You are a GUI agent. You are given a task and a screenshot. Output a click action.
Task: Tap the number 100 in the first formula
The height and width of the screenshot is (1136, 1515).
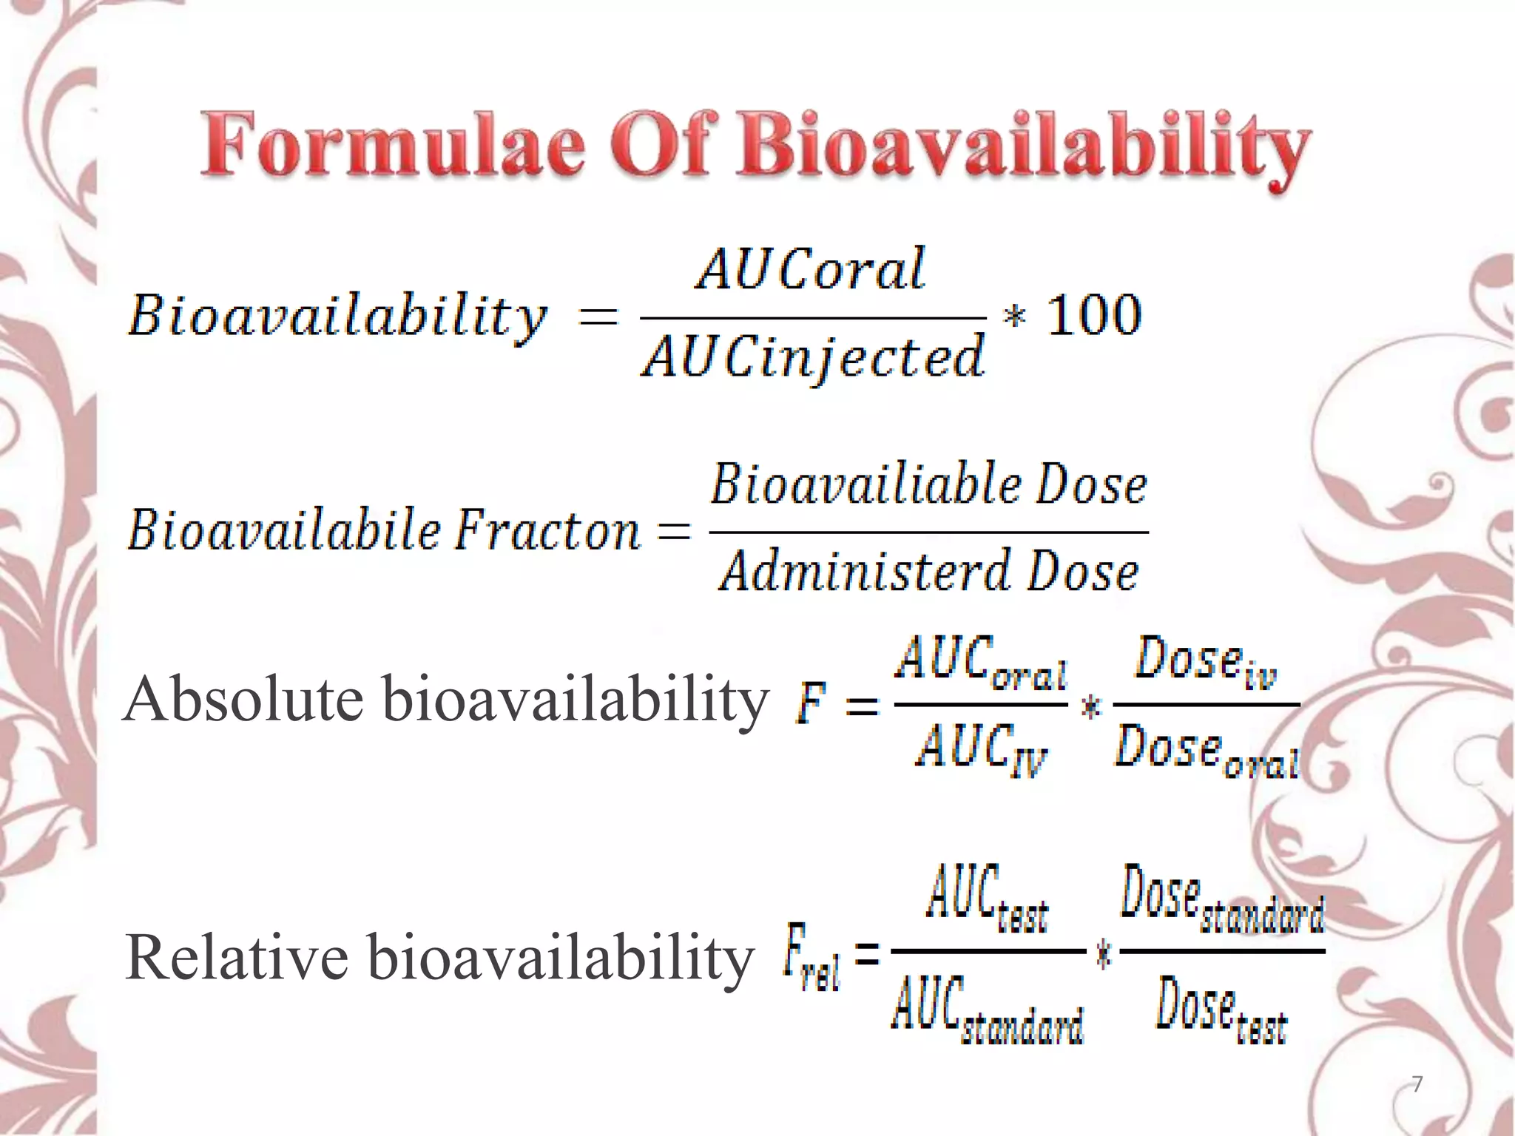click(1095, 316)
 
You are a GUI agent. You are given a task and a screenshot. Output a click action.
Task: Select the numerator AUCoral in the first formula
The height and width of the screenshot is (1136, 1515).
click(811, 269)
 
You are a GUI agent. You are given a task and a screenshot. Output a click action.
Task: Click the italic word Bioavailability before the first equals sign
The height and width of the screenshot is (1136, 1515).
click(337, 317)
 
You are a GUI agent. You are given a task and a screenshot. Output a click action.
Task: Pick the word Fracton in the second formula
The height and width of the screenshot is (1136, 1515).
click(547, 531)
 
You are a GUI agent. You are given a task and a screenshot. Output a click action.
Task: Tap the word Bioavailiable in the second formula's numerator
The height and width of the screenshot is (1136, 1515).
click(866, 485)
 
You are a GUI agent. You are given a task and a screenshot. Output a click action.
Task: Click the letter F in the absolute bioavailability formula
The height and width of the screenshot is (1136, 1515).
click(812, 704)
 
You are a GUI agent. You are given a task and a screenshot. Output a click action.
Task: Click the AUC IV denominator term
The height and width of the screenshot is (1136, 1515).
click(981, 748)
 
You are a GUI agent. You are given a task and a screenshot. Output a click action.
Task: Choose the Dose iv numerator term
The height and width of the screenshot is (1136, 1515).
click(1206, 660)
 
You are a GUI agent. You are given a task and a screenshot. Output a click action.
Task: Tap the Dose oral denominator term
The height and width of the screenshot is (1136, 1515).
click(1206, 750)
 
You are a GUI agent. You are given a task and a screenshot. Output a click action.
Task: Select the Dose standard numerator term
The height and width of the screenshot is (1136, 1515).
click(1221, 898)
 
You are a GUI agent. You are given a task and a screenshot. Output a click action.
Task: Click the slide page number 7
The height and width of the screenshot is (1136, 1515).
click(1417, 1084)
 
